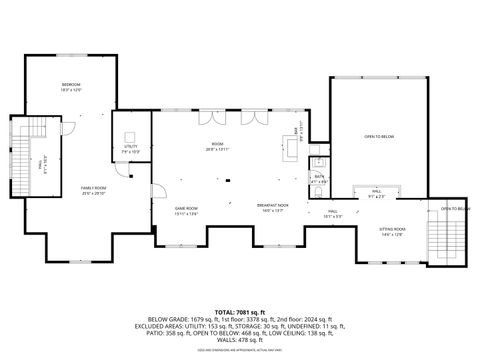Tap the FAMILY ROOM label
pos(93,189)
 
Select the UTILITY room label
pos(130,148)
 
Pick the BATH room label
pos(319,181)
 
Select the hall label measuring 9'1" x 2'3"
pos(376,194)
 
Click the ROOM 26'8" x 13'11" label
pos(218,146)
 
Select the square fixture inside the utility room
pos(130,132)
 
